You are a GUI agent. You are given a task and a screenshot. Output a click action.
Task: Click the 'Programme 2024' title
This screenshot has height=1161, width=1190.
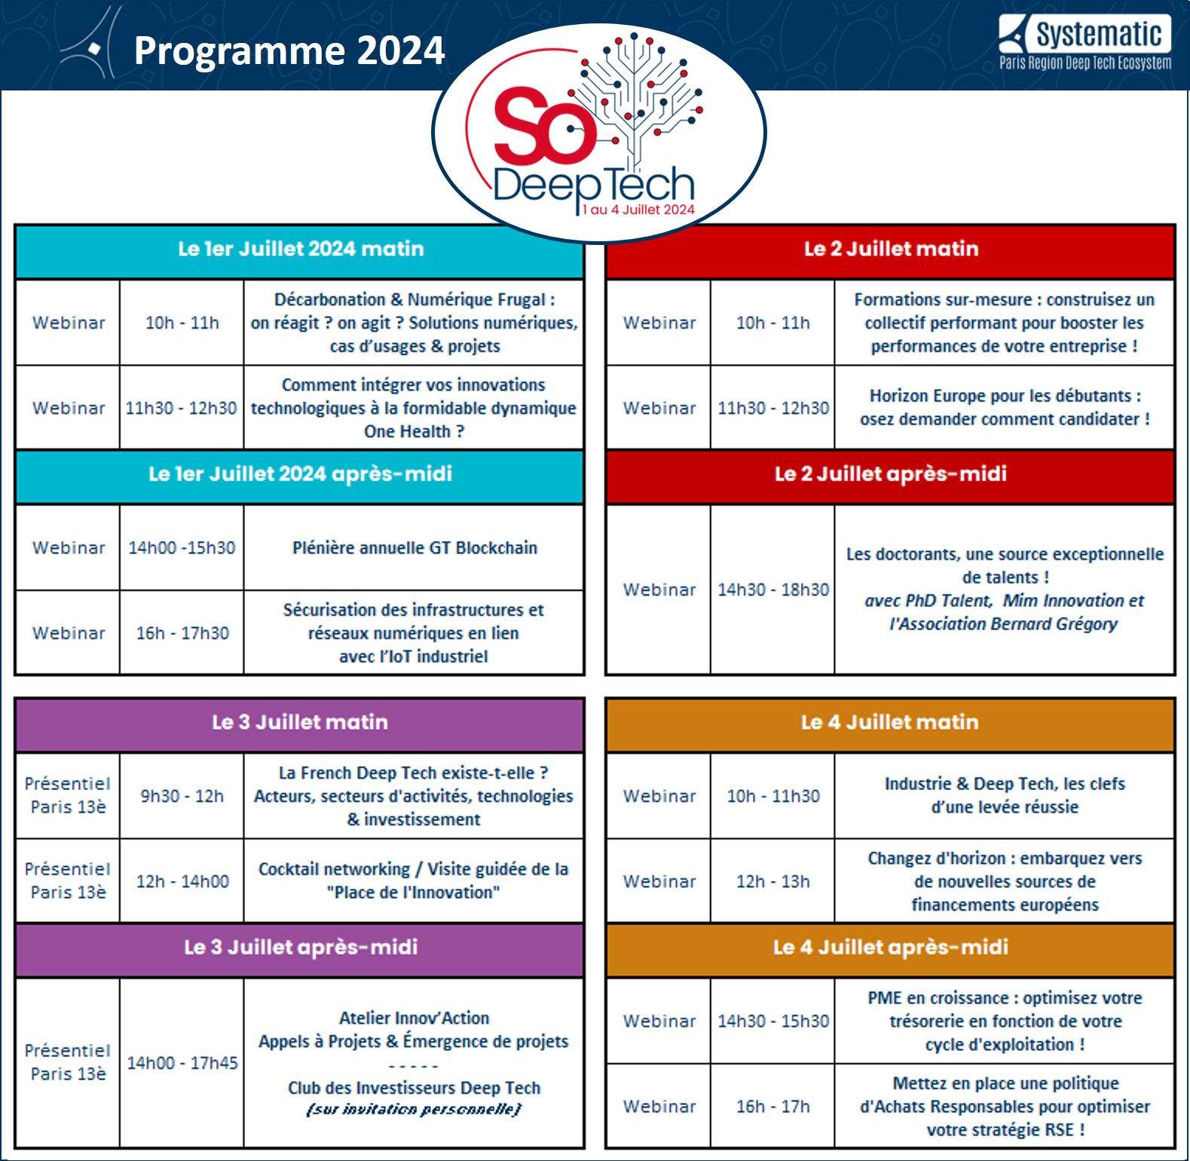tap(289, 51)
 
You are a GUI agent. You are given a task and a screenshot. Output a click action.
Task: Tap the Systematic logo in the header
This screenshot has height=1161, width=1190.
tap(1085, 43)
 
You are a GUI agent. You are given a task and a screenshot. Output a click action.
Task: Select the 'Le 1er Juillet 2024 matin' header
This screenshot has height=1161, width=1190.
tap(300, 249)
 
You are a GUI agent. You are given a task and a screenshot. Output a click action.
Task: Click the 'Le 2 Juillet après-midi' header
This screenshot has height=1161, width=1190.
tap(891, 473)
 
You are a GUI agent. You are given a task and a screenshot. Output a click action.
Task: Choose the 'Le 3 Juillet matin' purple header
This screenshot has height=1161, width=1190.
tap(300, 721)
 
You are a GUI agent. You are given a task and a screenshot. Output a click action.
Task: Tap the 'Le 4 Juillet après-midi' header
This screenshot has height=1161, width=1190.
tap(891, 947)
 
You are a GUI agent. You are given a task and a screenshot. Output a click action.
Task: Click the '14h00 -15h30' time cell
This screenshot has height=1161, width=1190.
tap(182, 548)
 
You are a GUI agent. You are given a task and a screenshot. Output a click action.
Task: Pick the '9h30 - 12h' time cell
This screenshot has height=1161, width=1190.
tap(182, 796)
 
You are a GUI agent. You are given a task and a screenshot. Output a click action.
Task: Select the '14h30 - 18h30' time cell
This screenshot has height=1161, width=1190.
tap(772, 590)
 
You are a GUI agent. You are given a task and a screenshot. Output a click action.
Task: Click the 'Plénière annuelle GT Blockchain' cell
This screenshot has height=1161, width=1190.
tap(415, 548)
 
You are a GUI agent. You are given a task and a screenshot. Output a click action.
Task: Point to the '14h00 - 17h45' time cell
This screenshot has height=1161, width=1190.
tap(182, 1063)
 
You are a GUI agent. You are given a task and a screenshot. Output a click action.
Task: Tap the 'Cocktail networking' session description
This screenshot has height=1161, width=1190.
tap(414, 881)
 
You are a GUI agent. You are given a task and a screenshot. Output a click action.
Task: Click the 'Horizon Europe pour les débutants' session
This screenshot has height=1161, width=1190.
tap(1005, 407)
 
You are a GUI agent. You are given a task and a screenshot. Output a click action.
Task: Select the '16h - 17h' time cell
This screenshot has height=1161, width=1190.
tap(772, 1107)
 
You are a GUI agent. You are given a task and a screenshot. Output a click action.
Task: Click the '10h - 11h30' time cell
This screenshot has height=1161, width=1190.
tap(772, 796)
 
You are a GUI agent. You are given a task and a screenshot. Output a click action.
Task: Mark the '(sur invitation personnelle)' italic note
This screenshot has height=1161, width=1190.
tap(414, 1110)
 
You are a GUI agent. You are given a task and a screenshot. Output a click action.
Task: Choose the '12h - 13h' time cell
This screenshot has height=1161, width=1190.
tap(772, 881)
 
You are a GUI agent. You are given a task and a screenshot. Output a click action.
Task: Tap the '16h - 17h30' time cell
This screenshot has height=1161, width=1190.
tap(182, 633)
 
